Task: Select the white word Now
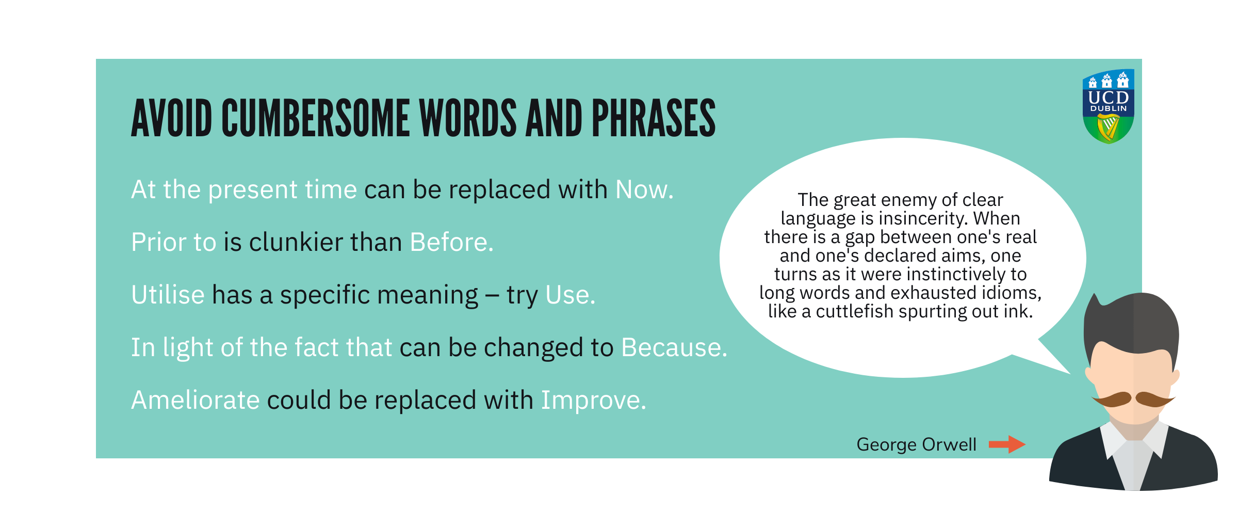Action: click(645, 190)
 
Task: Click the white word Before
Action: click(452, 242)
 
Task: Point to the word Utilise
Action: click(168, 295)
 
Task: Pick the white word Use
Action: click(571, 295)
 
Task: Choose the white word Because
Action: click(675, 347)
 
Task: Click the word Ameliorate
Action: click(196, 400)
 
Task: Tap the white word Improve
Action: click(594, 401)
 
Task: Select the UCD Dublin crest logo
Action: click(1108, 106)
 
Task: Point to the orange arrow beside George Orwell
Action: click(1007, 444)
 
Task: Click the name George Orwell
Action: click(917, 444)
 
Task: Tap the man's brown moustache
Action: click(1134, 398)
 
